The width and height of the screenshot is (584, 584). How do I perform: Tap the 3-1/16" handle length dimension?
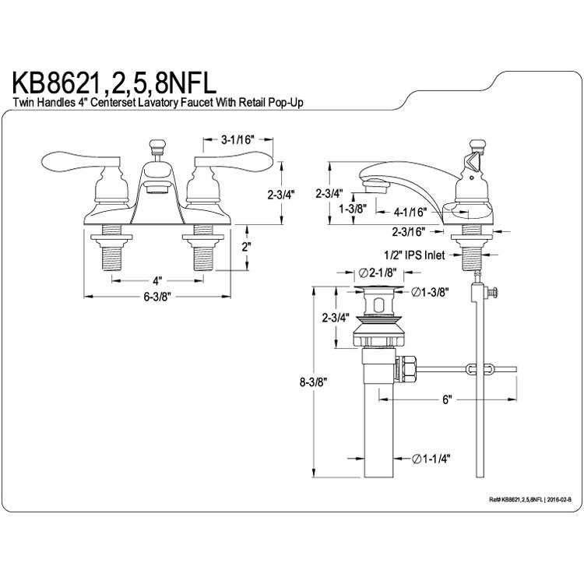point(237,140)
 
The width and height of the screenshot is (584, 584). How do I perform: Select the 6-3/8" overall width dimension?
point(157,297)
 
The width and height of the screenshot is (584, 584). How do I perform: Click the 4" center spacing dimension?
point(157,280)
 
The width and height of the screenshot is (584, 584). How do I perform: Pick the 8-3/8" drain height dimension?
point(313,382)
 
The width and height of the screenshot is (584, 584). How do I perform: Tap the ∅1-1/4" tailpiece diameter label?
point(431,459)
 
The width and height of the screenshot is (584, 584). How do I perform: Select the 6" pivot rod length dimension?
point(447,399)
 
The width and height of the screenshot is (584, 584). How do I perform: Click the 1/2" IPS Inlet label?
point(414,255)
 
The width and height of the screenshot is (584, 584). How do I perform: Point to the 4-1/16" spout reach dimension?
point(410,213)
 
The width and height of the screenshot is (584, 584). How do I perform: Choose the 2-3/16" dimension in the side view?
point(409,232)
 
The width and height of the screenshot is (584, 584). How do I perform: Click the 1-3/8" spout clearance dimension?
point(353,209)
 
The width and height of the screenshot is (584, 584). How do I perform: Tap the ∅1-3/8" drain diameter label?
point(429,292)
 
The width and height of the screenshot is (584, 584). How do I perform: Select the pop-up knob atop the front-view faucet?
point(157,146)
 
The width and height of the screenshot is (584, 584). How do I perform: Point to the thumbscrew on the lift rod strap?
point(491,292)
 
